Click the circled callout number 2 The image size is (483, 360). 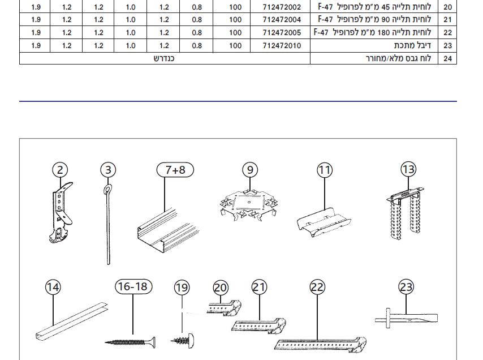60,170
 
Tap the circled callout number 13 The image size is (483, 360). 409,169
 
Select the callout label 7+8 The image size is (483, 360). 175,170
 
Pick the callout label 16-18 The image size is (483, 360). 133,286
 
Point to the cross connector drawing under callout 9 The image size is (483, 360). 249,204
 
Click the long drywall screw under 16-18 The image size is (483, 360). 130,342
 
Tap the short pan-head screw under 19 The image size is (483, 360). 182,341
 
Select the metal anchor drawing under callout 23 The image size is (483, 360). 406,318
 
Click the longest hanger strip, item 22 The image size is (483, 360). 320,345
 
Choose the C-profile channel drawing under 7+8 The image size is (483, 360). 168,230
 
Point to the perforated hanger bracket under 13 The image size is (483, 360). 405,213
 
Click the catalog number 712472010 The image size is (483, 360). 282,46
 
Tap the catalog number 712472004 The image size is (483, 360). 282,20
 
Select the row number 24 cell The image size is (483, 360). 447,58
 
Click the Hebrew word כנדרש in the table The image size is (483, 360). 164,58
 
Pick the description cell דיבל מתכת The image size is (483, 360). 412,46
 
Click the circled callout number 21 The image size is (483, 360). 260,287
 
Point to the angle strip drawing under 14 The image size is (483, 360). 72,321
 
